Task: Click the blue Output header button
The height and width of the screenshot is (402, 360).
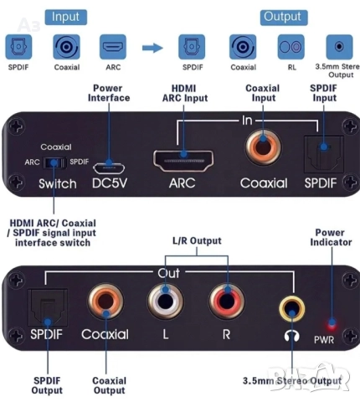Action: pos(282,16)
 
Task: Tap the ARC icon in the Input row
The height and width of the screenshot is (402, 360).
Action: pos(112,46)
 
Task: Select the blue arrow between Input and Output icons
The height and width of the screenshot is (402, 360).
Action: pos(152,48)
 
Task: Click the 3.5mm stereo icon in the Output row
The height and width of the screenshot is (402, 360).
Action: pos(338,47)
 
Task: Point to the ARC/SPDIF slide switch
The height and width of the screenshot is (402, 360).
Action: pos(54,162)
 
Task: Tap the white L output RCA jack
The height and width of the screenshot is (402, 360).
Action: pos(162,299)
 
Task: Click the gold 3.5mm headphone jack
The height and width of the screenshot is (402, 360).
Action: pos(291,310)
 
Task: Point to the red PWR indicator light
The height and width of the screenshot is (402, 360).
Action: pos(334,323)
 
